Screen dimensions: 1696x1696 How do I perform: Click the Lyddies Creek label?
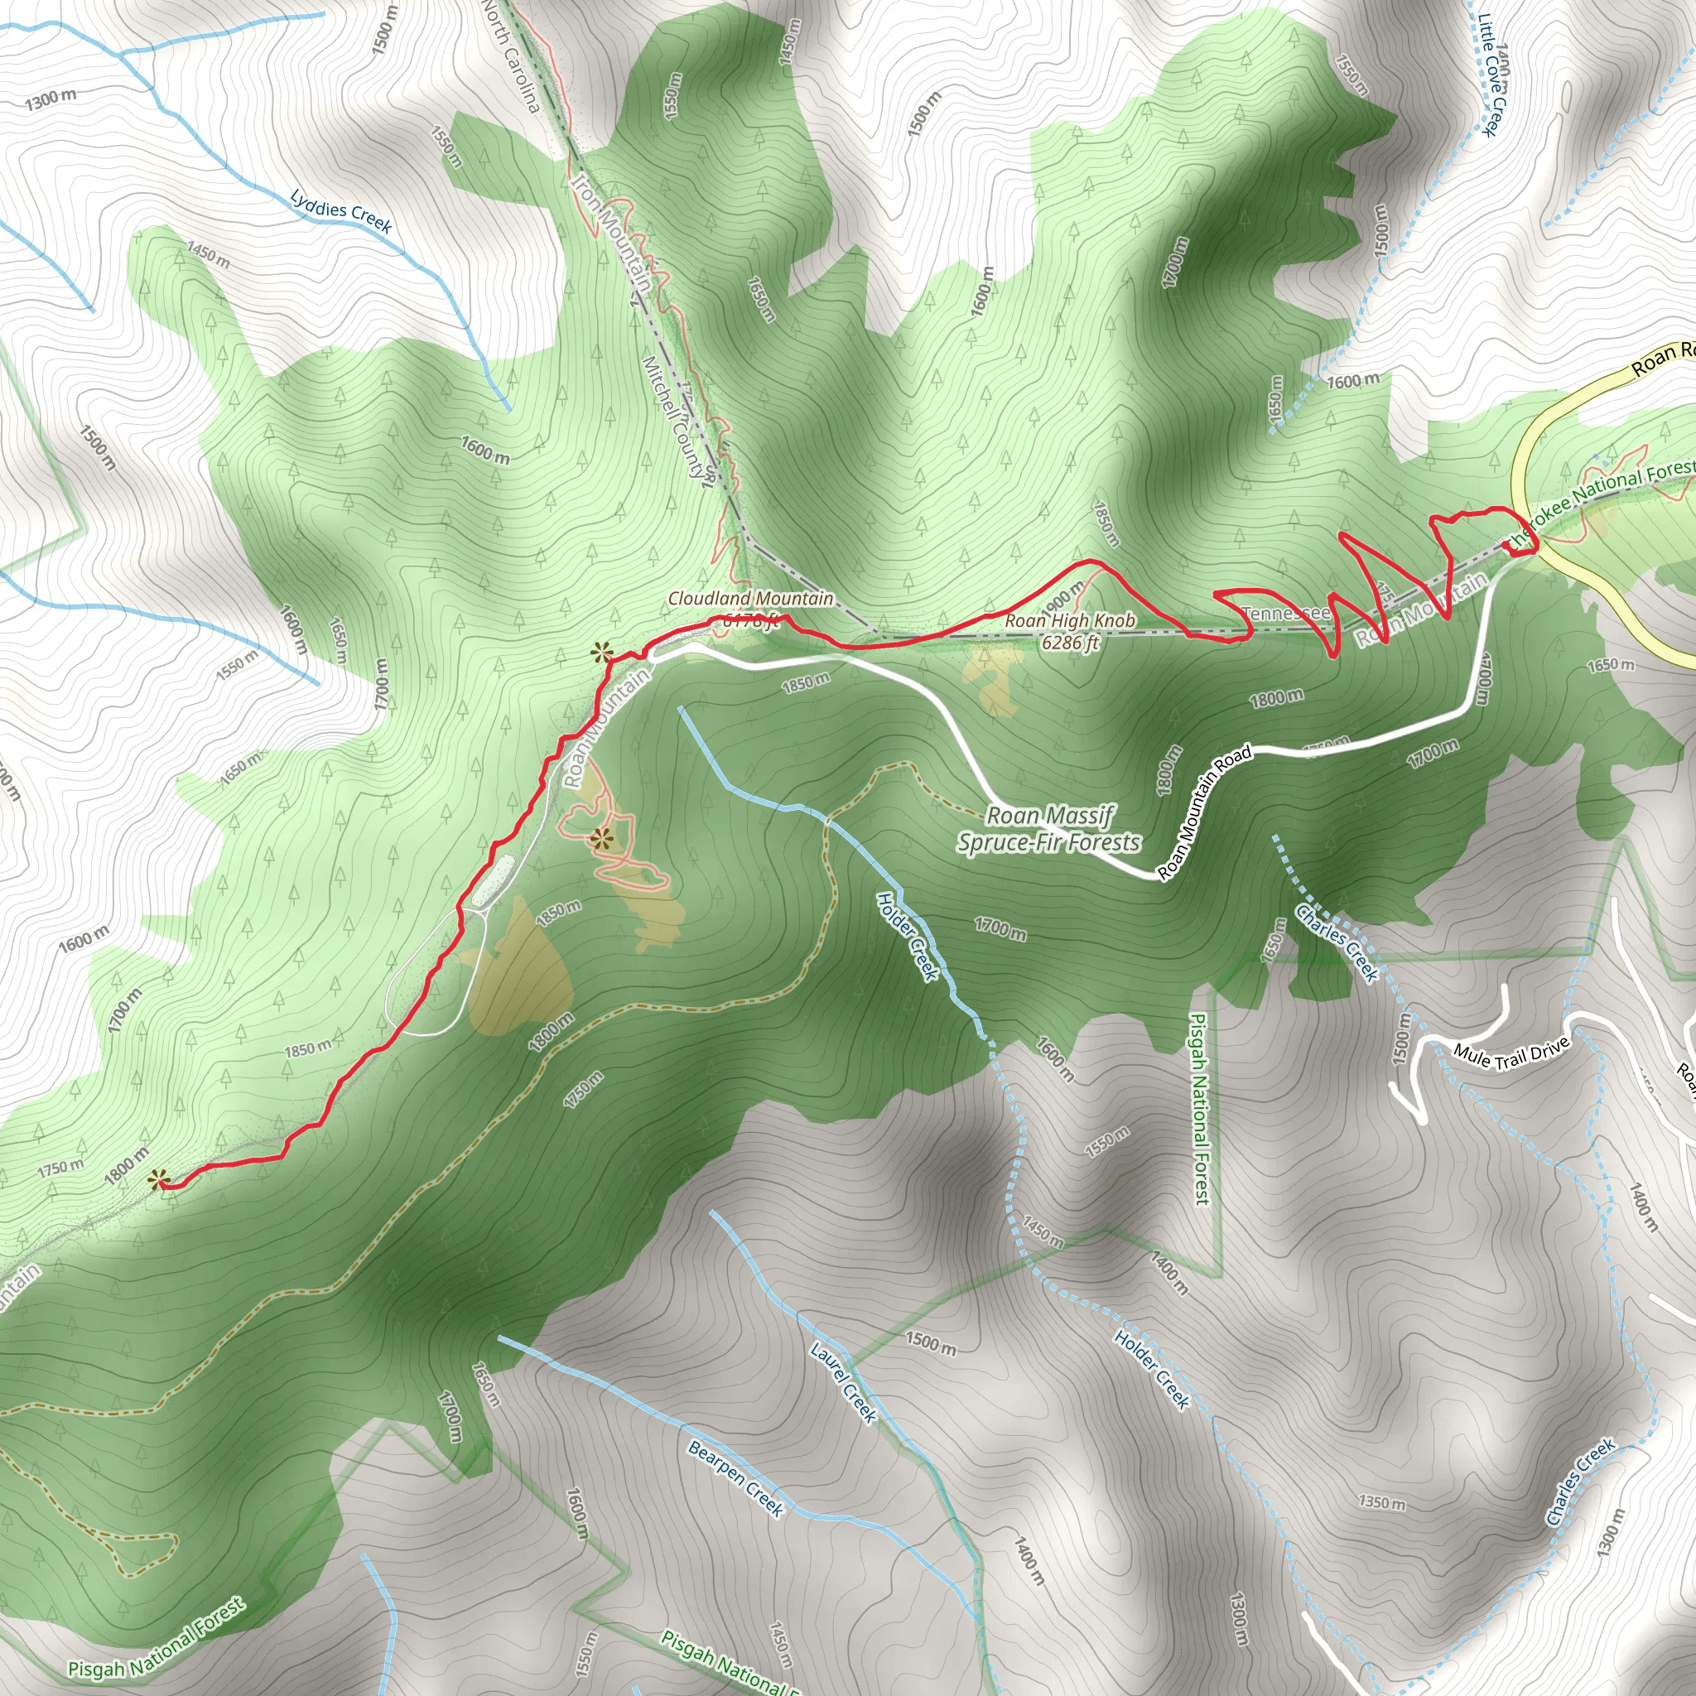[340, 211]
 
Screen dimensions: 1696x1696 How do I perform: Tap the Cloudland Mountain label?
[750, 599]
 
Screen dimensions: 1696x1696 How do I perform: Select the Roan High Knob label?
[1070, 631]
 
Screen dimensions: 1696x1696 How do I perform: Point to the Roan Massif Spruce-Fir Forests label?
[1049, 830]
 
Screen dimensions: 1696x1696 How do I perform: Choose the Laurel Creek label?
[843, 1383]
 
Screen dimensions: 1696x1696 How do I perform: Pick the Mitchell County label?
[674, 417]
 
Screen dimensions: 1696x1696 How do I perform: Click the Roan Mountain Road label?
[1204, 812]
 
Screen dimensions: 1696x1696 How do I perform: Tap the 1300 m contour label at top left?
[50, 99]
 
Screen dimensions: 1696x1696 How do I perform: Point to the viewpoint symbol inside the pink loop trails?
[600, 839]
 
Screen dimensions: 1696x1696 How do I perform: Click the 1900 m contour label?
[1065, 600]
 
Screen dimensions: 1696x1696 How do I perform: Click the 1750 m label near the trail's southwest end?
[60, 1168]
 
